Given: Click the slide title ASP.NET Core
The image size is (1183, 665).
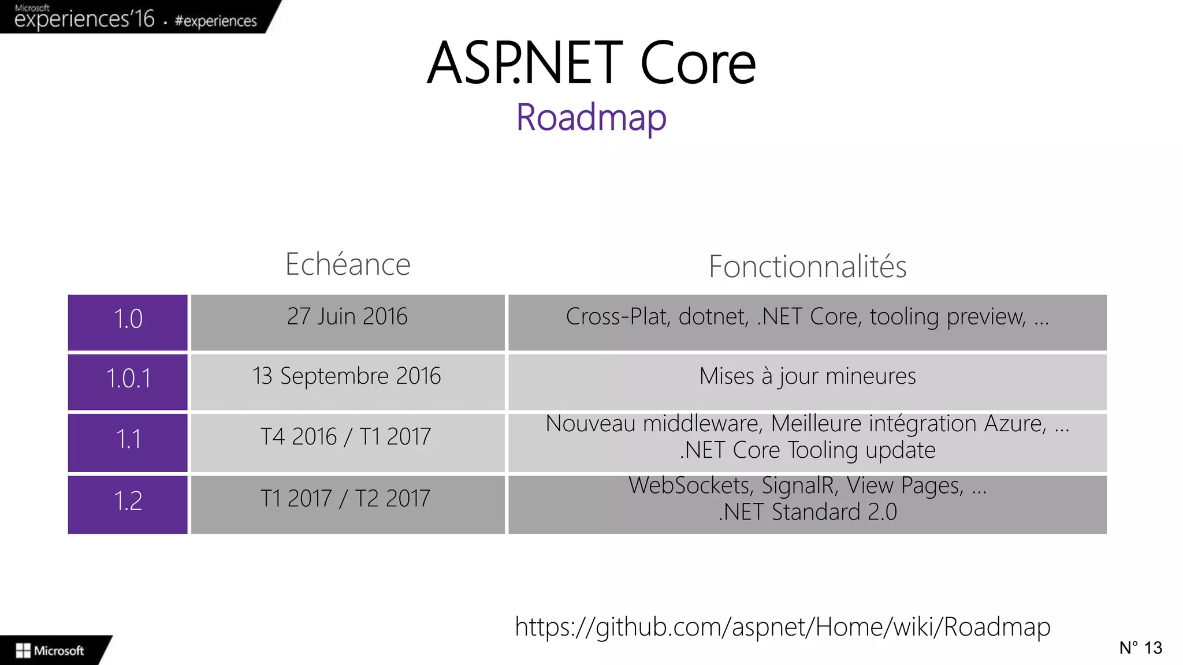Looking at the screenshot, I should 591,63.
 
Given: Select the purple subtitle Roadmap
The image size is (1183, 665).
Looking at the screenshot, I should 591,117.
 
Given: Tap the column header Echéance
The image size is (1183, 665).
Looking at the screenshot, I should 348,264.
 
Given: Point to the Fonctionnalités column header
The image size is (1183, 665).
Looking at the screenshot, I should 808,267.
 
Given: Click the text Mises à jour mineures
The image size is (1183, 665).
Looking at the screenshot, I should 808,376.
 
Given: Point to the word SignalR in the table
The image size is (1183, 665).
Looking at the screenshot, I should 800,485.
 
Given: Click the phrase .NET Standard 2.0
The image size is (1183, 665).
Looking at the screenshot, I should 808,512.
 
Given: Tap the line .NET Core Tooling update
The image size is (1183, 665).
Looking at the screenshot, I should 808,450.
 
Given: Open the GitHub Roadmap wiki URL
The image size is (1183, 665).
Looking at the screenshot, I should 783,627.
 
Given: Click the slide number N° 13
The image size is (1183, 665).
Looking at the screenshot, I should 1140,648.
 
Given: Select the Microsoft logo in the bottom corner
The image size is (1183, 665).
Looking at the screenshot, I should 50,651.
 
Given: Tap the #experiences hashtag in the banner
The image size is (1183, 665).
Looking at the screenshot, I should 215,21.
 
